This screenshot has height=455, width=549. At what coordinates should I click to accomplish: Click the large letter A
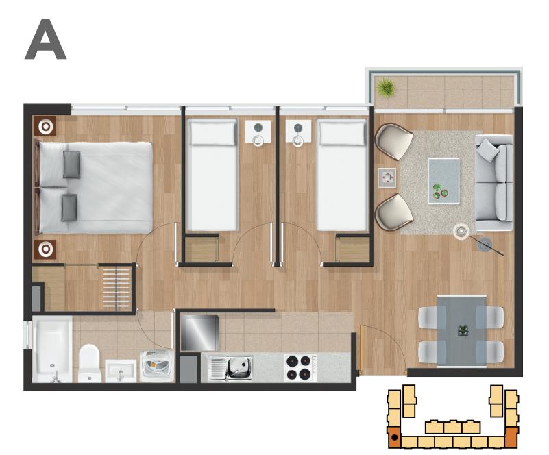tap(45, 39)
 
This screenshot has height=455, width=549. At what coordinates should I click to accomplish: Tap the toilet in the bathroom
tap(89, 363)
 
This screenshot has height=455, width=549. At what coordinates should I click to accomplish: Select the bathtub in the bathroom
tap(53, 349)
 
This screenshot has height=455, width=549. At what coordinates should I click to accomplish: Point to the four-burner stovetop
tap(298, 368)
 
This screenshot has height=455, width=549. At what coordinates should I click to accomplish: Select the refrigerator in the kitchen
tap(199, 332)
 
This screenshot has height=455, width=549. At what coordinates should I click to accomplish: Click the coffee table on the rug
tap(443, 181)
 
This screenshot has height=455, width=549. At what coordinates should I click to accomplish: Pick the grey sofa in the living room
tap(493, 183)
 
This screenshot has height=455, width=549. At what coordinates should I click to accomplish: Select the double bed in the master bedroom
tap(95, 187)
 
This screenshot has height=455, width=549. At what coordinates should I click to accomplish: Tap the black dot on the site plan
tap(395, 437)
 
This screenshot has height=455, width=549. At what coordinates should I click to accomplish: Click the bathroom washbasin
tap(121, 371)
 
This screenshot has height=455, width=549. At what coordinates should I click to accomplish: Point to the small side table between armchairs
tap(387, 177)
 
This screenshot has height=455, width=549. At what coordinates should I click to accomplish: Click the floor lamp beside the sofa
tap(461, 232)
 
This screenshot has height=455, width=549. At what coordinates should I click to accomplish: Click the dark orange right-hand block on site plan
tap(511, 437)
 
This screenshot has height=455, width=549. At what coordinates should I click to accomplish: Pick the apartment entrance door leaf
tap(361, 347)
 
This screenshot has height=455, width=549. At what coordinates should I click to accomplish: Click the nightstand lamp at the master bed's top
tap(45, 126)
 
